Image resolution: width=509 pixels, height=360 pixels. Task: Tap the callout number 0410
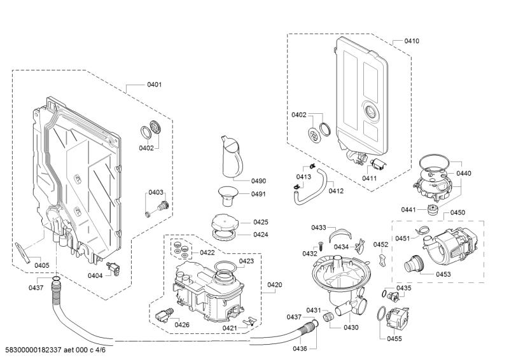[412, 41]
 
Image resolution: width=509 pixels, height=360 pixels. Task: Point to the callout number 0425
[260, 222]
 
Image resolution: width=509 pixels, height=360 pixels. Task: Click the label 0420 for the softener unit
[275, 284]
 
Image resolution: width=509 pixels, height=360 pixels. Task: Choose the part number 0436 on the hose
[300, 348]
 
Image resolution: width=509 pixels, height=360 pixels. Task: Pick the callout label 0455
[394, 339]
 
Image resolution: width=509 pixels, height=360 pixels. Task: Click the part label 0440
[463, 173]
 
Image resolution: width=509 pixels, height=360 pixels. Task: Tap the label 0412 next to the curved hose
[336, 191]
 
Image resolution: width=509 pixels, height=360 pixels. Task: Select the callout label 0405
[42, 265]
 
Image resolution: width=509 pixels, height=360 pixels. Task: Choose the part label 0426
[182, 325]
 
